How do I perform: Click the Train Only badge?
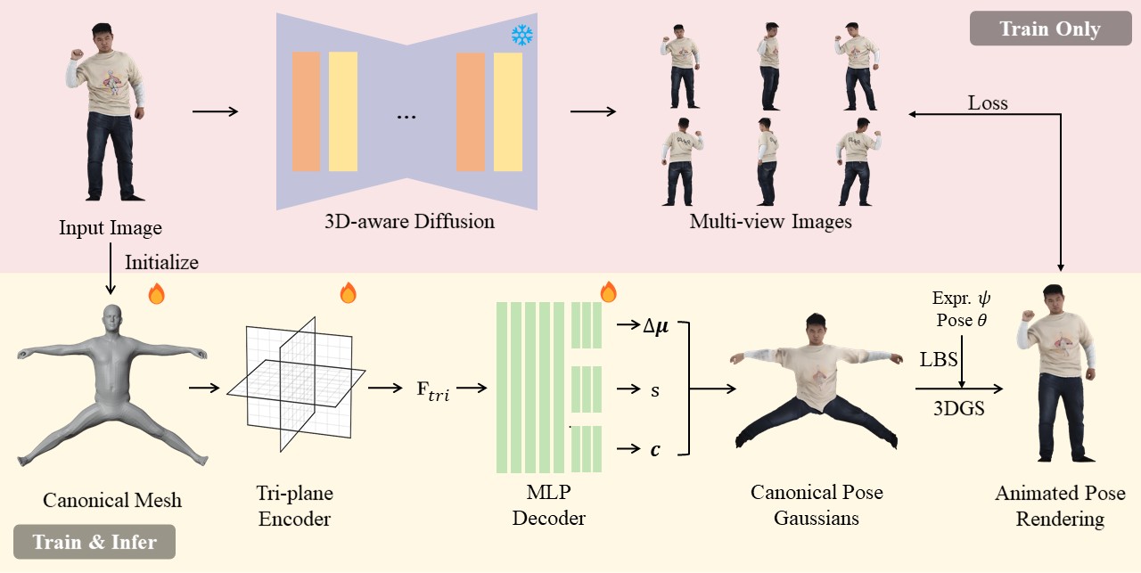1049,29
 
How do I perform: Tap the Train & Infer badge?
94,542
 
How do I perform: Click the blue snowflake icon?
521,36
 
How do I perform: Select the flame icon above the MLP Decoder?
609,291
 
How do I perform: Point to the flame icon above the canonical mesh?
156,293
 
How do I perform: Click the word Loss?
988,103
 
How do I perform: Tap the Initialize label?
161,262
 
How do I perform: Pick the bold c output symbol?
656,450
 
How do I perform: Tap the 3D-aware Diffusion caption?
409,221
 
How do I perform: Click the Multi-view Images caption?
770,221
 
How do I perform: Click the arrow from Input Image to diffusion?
215,111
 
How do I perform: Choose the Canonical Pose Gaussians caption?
817,505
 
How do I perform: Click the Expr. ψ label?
962,298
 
